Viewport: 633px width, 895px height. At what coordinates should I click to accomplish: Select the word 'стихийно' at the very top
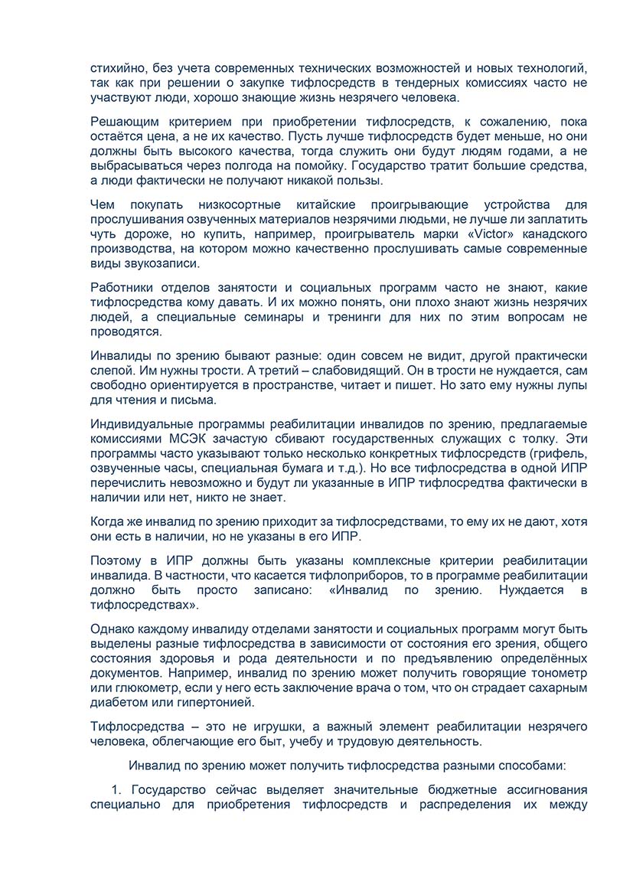tap(115, 67)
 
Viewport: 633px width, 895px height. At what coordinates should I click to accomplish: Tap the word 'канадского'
tap(553, 234)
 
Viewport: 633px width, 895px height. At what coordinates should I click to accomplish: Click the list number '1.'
tap(117, 789)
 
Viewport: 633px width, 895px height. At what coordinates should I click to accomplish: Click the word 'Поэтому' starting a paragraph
tap(116, 560)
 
